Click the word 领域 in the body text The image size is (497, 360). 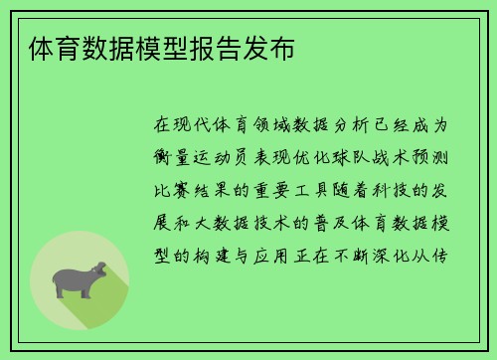[283, 127]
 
